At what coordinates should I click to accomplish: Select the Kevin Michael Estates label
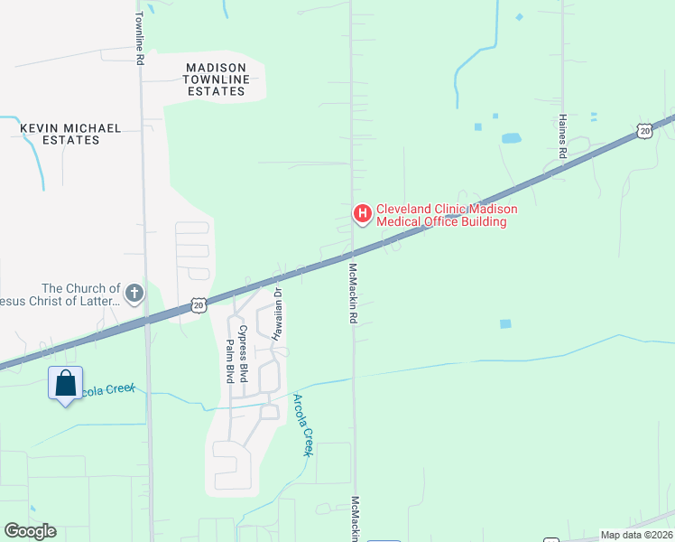70,135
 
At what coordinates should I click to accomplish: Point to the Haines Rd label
561,136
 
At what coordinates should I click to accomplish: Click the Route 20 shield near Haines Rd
643,131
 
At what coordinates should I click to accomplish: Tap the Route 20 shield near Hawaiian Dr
199,306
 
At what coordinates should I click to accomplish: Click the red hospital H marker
362,214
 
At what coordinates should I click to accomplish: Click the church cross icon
134,293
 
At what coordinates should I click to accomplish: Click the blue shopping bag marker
66,384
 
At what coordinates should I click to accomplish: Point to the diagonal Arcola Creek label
301,424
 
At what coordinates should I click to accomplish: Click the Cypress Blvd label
242,358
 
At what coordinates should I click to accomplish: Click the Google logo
30,531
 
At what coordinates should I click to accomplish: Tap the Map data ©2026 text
636,535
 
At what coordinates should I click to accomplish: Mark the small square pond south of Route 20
505,323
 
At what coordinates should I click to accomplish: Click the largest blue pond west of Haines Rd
511,138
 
